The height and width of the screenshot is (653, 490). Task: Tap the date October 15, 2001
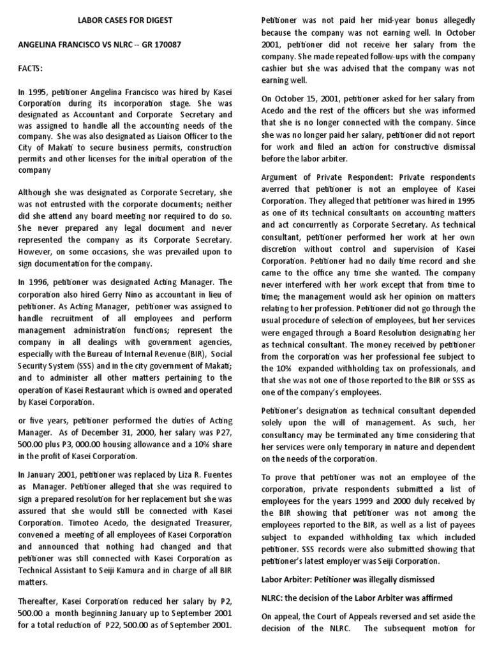coord(304,99)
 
